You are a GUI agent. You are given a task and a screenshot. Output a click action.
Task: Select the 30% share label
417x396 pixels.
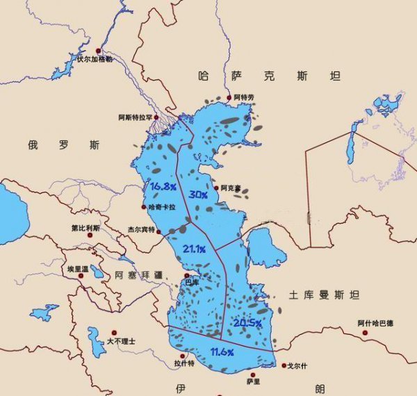pos(198,195)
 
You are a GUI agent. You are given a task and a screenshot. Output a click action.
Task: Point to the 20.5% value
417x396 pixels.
pos(247,323)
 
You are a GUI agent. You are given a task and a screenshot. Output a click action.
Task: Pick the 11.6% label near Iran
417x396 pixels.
pos(221,353)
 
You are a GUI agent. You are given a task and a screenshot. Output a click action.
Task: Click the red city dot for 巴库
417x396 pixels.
pos(186,275)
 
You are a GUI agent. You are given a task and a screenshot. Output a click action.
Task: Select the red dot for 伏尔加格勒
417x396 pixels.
pos(99,51)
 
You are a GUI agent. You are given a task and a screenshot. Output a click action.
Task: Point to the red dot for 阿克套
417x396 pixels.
pos(216,188)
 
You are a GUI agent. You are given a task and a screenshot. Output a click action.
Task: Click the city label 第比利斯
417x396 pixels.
pos(85,228)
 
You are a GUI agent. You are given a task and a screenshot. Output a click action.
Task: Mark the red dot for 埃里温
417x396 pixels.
pos(81,276)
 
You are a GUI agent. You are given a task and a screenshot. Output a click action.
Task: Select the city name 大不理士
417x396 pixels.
pos(121,342)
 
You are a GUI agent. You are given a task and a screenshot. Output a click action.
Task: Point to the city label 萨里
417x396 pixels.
pos(253,381)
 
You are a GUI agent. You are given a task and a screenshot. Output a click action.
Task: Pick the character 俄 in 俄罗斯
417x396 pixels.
pos(34,145)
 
